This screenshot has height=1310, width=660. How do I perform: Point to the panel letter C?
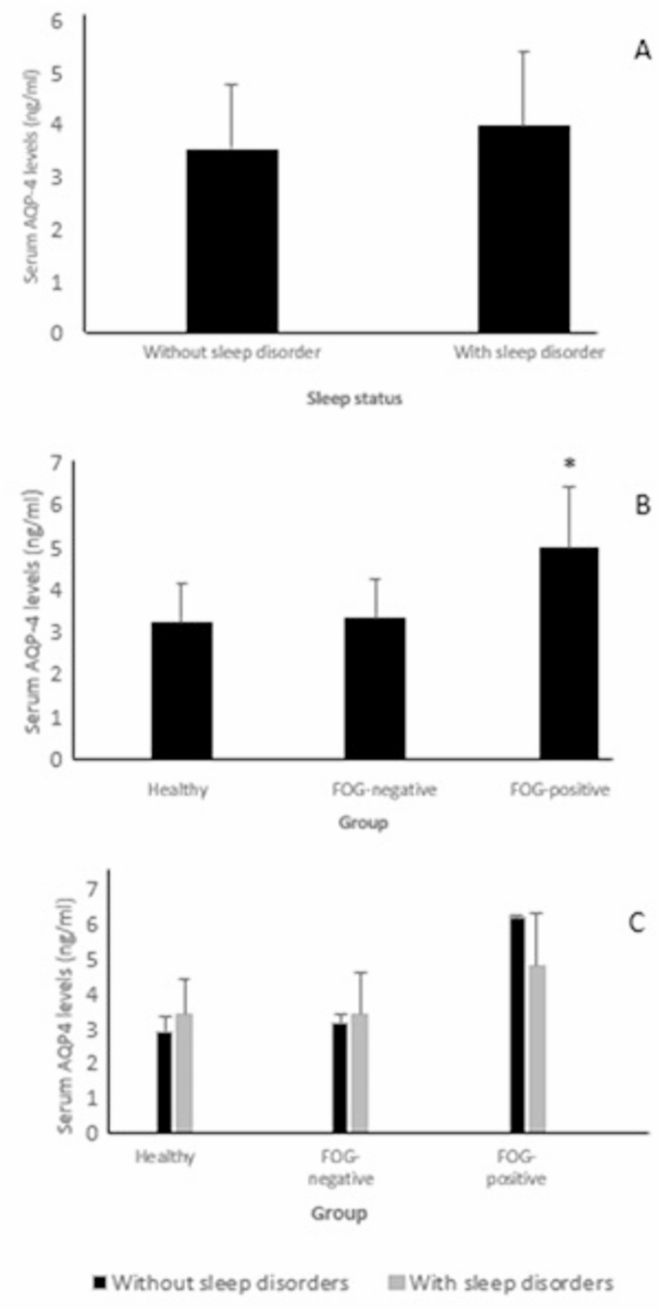(637, 923)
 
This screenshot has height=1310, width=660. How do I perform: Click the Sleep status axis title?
(370, 402)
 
